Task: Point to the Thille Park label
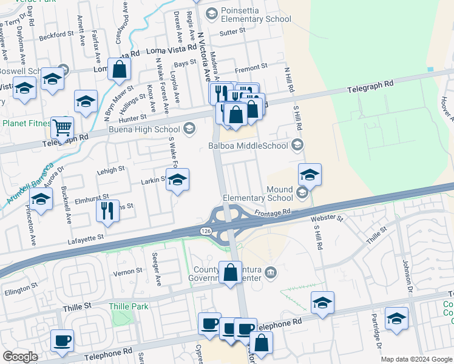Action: (129, 306)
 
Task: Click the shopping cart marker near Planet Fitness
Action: (63, 127)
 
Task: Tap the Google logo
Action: (20, 357)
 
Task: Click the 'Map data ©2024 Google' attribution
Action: (416, 359)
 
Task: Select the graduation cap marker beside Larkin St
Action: (177, 180)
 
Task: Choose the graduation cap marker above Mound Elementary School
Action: (310, 175)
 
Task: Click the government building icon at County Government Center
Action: (271, 271)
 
